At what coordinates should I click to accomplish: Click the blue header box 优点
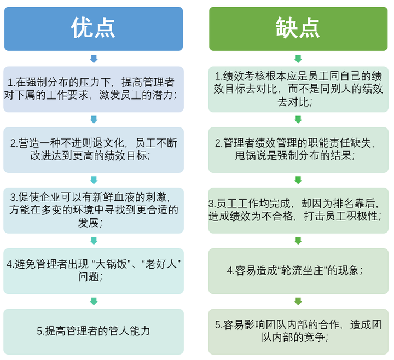tap(94, 28)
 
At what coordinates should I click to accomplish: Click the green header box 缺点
tap(298, 28)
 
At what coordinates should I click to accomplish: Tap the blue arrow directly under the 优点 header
tap(94, 59)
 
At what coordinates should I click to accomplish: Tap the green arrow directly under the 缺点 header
tap(298, 59)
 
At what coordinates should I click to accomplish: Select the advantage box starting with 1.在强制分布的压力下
tap(94, 89)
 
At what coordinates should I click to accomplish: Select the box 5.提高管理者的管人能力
tap(94, 331)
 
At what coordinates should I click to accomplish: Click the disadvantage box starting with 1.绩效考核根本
tap(298, 89)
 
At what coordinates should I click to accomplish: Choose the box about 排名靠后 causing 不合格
tap(298, 210)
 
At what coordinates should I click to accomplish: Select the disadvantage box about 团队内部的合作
tap(298, 331)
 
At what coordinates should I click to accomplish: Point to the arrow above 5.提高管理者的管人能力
tap(94, 301)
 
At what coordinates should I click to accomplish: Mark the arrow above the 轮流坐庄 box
tap(298, 240)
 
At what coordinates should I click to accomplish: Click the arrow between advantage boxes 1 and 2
tap(94, 119)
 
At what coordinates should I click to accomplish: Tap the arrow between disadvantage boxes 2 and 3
tap(298, 180)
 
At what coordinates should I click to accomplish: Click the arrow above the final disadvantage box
tap(298, 301)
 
